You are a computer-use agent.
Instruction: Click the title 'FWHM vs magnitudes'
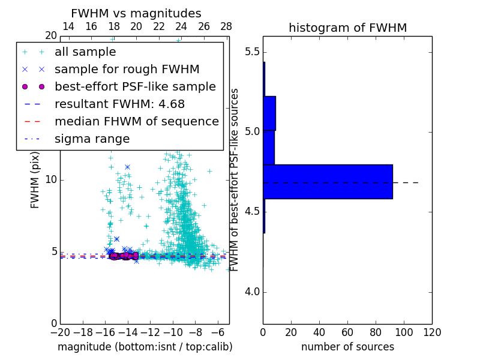pyautogui.click(x=136, y=13)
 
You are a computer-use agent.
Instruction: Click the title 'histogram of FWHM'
pyautogui.click(x=347, y=28)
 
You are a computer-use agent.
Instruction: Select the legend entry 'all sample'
pyautogui.click(x=85, y=52)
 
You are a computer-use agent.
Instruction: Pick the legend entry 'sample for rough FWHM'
pyautogui.click(x=127, y=70)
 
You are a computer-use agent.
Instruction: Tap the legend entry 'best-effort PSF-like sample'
pyautogui.click(x=135, y=87)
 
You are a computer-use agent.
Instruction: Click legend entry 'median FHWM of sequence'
pyautogui.click(x=136, y=122)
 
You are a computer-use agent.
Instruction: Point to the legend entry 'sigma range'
pyautogui.click(x=92, y=139)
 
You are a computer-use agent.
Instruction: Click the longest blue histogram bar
pyautogui.click(x=328, y=181)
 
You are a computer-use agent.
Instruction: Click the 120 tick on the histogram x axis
pyautogui.click(x=432, y=332)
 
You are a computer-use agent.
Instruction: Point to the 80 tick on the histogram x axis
pyautogui.click(x=376, y=332)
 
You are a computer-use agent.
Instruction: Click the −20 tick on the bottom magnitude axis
pyautogui.click(x=60, y=332)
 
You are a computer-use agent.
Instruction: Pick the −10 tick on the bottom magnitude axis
pyautogui.click(x=173, y=332)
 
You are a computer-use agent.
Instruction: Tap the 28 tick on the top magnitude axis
pyautogui.click(x=226, y=26)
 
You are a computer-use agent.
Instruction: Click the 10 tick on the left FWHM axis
pyautogui.click(x=51, y=180)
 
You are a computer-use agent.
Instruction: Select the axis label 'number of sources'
pyautogui.click(x=347, y=347)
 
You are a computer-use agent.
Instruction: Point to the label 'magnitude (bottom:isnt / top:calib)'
pyautogui.click(x=145, y=347)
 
